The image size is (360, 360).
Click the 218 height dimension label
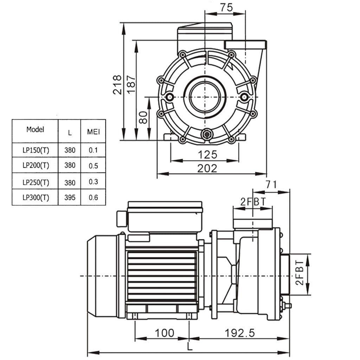117,84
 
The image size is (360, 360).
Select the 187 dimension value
131,84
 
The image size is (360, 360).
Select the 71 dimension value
271,184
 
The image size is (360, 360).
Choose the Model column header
35,129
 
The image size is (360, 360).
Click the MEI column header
94,132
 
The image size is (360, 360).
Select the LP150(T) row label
36,150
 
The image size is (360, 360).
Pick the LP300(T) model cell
36,198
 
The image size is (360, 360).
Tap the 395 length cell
70,198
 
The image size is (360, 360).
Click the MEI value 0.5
93,166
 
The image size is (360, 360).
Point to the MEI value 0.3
93,182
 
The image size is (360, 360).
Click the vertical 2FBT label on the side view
299,273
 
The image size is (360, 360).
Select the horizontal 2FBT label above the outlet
252,201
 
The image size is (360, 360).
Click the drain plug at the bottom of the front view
207,134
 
